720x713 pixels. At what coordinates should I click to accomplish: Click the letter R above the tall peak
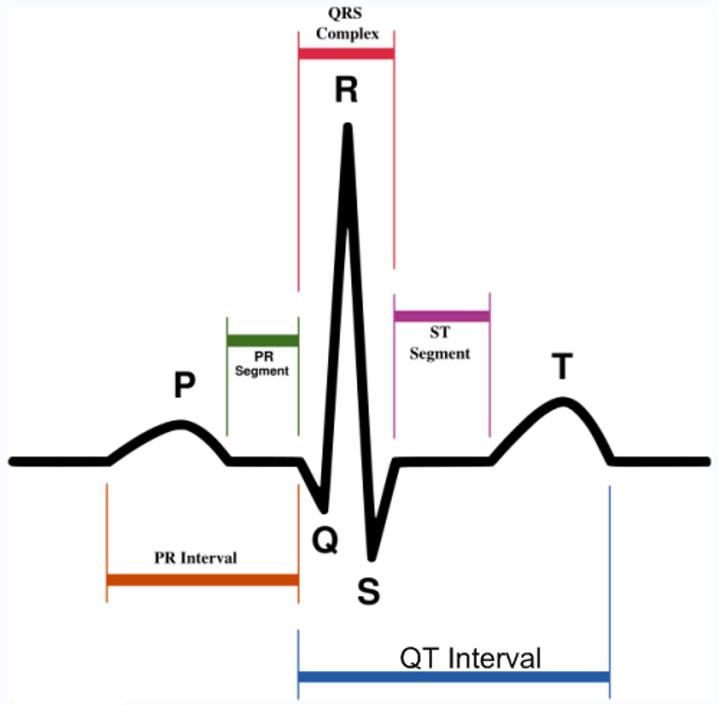tap(346, 90)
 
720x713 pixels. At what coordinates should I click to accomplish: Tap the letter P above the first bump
tap(185, 385)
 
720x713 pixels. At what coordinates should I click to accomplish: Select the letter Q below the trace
tap(326, 541)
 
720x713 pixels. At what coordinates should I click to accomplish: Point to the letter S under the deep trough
tap(368, 591)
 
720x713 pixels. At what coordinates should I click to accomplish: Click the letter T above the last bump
tap(562, 367)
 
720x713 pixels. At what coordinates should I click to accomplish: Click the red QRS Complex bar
tap(346, 53)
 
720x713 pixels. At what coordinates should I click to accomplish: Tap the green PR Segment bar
tap(263, 341)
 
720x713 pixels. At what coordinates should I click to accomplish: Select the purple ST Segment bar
tap(442, 316)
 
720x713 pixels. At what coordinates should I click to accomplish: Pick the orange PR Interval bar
tap(203, 580)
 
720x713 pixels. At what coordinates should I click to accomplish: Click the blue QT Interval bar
tap(454, 677)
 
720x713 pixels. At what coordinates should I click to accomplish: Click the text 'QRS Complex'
tap(347, 24)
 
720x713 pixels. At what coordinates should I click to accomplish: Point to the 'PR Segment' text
tap(262, 364)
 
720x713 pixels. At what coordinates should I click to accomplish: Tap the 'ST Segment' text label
tap(440, 343)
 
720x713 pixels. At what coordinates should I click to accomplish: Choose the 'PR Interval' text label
tap(195, 558)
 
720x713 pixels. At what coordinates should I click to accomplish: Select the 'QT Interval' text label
tap(470, 658)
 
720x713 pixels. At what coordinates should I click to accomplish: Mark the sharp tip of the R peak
tap(348, 127)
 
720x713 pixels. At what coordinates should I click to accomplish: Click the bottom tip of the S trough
tap(371, 557)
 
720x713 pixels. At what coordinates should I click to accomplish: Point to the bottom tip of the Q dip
tap(324, 509)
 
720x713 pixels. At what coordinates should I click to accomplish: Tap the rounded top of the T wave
tap(563, 401)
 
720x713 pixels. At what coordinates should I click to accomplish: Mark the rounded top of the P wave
tap(181, 424)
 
